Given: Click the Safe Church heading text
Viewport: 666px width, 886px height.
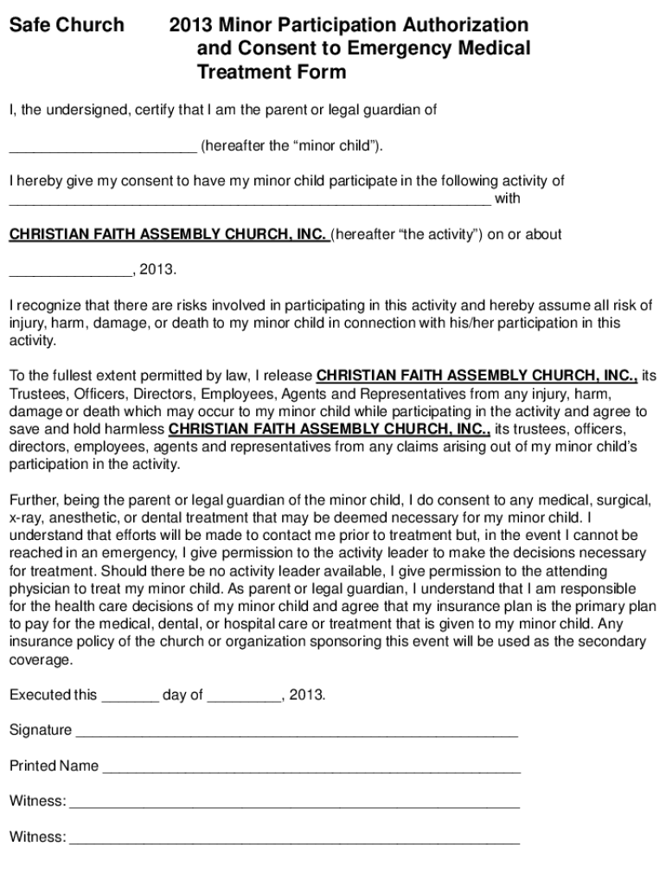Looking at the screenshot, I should (67, 26).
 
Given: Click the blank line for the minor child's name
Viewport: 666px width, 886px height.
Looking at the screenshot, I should (103, 147).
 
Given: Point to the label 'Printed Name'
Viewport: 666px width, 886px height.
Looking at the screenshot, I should (54, 767).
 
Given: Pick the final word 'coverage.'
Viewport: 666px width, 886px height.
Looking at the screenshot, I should (40, 659).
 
